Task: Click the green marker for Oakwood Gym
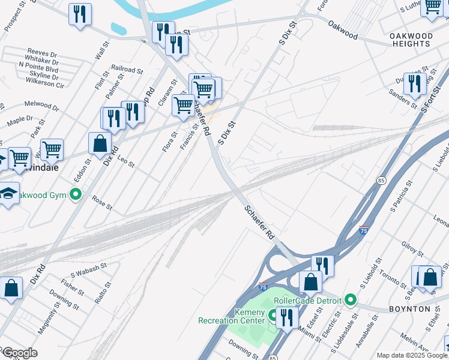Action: pos(76,194)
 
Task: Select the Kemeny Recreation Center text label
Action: pos(231,316)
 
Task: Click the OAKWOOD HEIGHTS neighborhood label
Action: pos(410,40)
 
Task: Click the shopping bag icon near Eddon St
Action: pos(100,144)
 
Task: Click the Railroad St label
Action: pos(127,70)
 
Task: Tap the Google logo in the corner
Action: pos(20,353)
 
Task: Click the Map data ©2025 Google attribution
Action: pos(412,355)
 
